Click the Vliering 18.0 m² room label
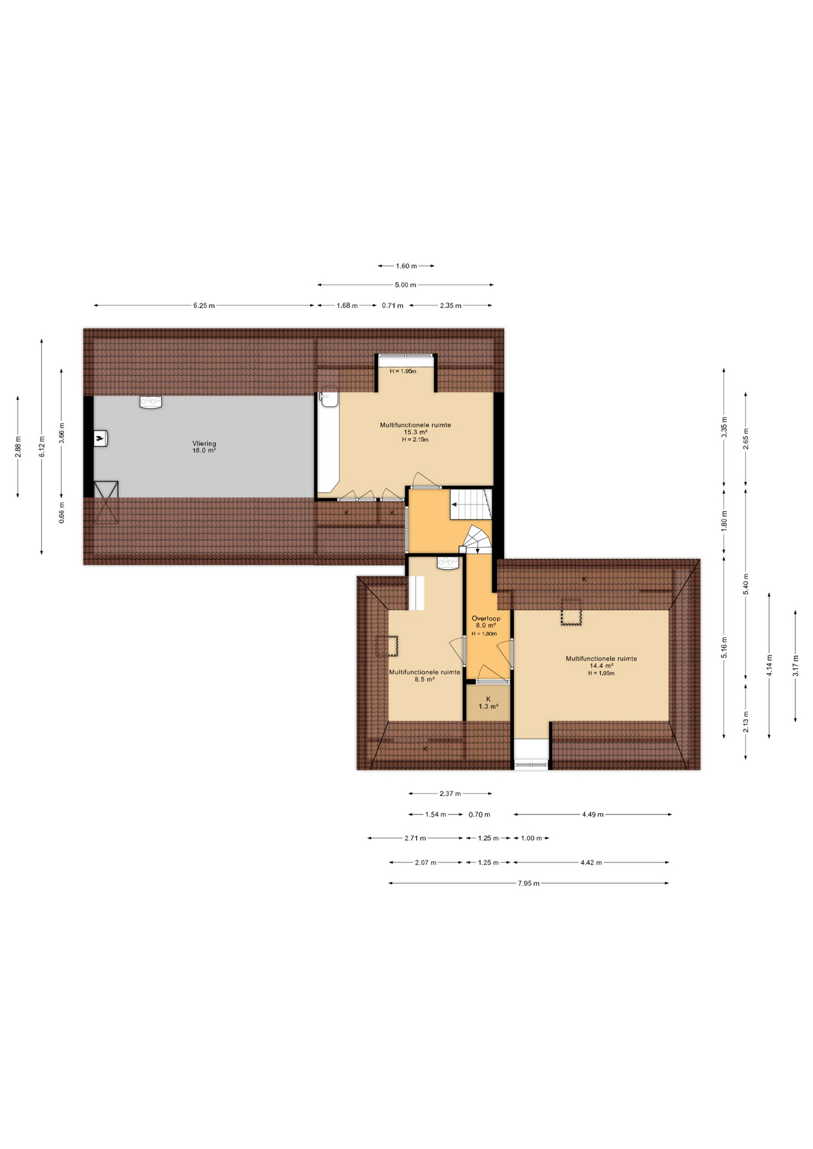[x=204, y=447]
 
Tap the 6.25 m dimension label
[x=204, y=306]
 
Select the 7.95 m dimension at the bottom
[x=529, y=883]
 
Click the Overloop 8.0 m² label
[x=486, y=622]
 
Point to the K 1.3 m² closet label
[x=488, y=703]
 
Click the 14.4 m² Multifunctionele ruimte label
[x=601, y=662]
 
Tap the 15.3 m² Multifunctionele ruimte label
[x=415, y=429]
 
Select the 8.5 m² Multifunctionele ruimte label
[x=424, y=676]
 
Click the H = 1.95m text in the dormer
[x=403, y=371]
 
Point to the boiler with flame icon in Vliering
[x=100, y=439]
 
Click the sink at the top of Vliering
[x=151, y=402]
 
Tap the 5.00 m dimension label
[x=405, y=285]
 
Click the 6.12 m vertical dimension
[x=42, y=446]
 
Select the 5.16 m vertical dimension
[x=724, y=648]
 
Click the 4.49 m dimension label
[x=593, y=814]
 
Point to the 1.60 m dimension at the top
[x=406, y=266]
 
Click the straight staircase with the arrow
[x=471, y=504]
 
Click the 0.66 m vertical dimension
[x=62, y=513]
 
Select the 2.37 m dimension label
[x=450, y=794]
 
